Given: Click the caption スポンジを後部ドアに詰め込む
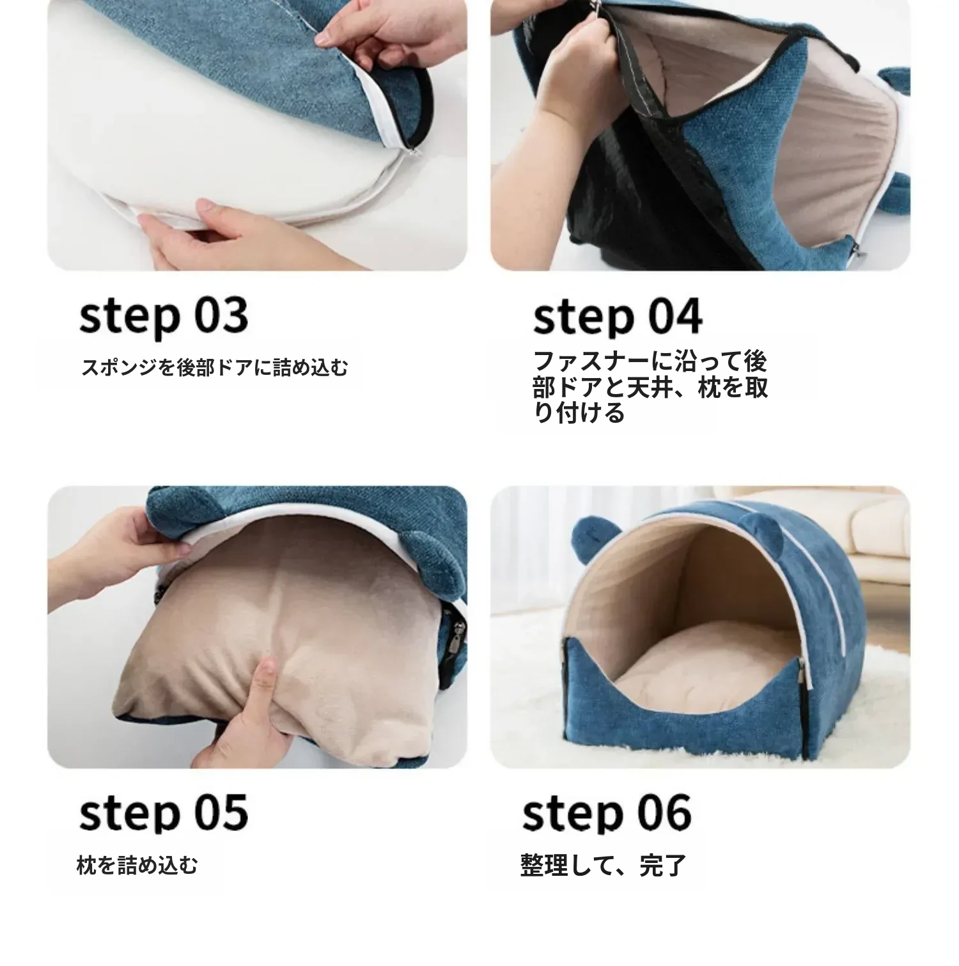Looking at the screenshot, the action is coord(215,368).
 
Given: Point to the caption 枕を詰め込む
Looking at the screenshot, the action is coord(137,865).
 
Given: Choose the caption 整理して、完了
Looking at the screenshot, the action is coord(604,865).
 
